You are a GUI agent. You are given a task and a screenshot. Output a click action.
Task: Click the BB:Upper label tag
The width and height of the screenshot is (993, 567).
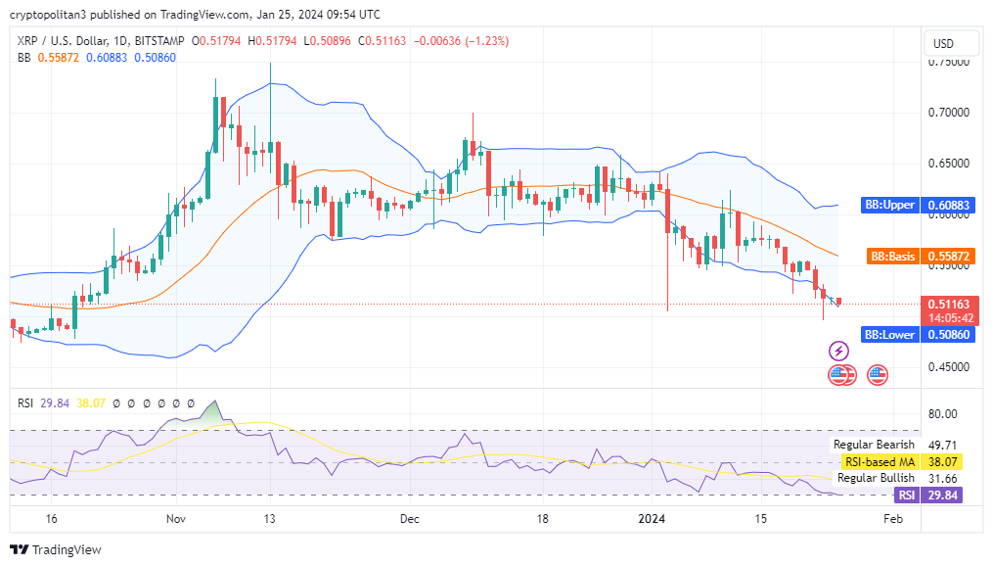(889, 206)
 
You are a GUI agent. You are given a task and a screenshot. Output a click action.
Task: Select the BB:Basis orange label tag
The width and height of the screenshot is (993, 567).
(892, 257)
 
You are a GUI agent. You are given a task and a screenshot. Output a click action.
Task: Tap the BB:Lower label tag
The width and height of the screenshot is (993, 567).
(889, 335)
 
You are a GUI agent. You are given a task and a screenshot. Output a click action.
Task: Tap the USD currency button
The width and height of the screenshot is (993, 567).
(943, 44)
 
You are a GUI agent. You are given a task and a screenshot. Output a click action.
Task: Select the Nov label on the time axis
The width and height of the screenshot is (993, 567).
(176, 518)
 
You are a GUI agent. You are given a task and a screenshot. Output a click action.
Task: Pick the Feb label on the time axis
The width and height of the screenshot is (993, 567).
(891, 518)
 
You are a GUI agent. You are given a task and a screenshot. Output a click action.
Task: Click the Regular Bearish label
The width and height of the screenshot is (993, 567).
(874, 445)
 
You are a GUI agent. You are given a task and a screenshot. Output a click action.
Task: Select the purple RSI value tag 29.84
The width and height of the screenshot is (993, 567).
(945, 496)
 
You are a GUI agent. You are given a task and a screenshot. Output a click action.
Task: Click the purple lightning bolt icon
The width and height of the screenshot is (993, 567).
(839, 351)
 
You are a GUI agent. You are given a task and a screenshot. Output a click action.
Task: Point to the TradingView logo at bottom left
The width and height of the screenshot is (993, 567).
(56, 549)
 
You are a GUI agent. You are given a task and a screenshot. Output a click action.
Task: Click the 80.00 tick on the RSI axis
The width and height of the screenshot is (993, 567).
(942, 414)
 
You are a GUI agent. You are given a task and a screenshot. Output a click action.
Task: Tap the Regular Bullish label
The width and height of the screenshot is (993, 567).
(875, 478)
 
